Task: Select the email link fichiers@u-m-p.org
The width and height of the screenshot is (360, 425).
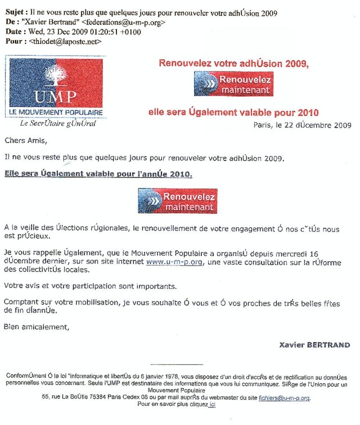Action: click(284, 397)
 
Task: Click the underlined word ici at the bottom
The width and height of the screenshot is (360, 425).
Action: click(212, 405)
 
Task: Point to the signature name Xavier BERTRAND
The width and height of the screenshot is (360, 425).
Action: click(314, 345)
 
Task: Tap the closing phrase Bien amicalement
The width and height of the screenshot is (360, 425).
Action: click(34, 327)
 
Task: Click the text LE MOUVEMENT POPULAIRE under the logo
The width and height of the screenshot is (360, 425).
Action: click(54, 112)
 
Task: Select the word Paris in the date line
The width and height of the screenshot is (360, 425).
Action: click(263, 125)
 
